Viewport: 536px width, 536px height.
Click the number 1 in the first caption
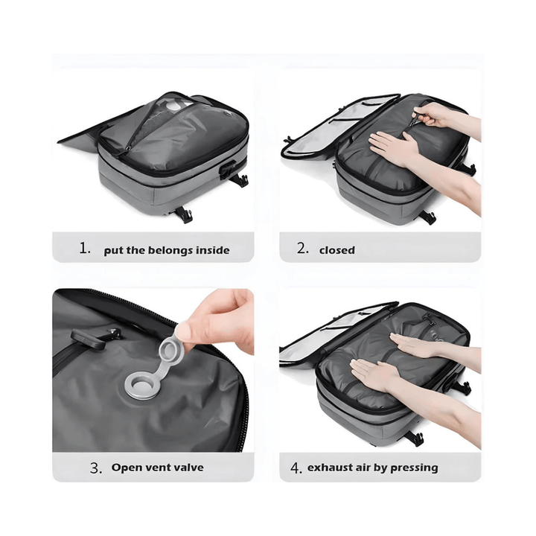point(84,249)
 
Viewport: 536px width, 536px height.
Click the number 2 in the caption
point(301,249)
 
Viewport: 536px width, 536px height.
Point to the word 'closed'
point(337,250)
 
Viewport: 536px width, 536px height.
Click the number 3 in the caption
point(95,468)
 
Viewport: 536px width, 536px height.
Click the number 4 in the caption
point(296,468)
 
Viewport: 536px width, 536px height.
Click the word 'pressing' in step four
point(414,468)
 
